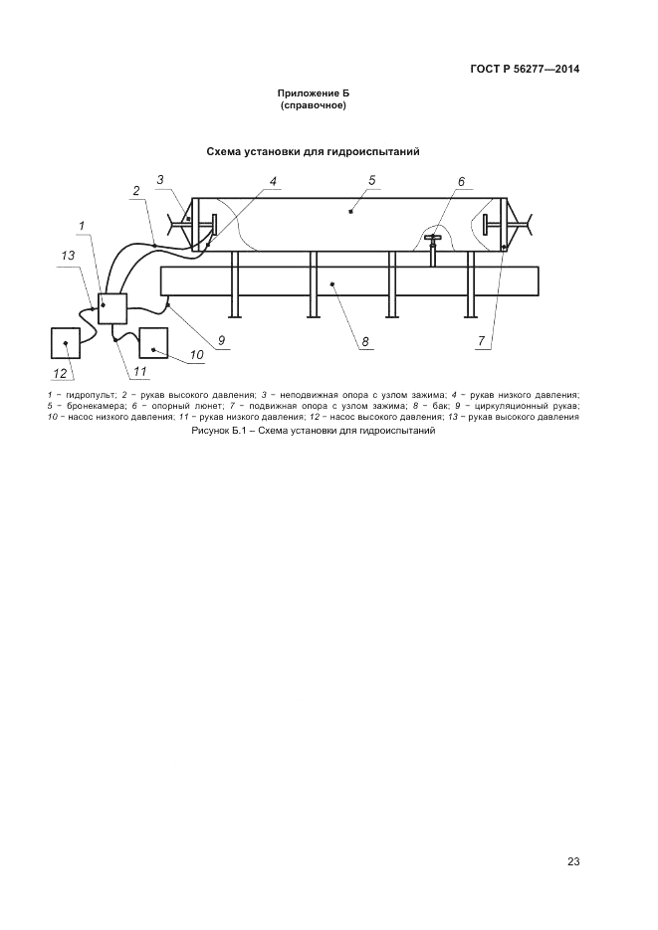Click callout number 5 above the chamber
point(370,180)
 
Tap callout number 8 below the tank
point(365,341)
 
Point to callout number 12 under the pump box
point(60,373)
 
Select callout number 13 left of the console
point(68,256)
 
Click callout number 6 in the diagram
point(461,181)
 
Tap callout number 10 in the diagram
point(196,353)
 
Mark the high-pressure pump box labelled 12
point(66,343)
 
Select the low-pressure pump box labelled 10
point(154,342)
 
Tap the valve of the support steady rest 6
point(432,240)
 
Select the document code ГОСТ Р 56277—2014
point(525,69)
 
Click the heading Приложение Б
point(312,93)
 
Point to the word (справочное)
point(313,104)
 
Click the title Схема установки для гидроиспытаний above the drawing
point(313,151)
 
